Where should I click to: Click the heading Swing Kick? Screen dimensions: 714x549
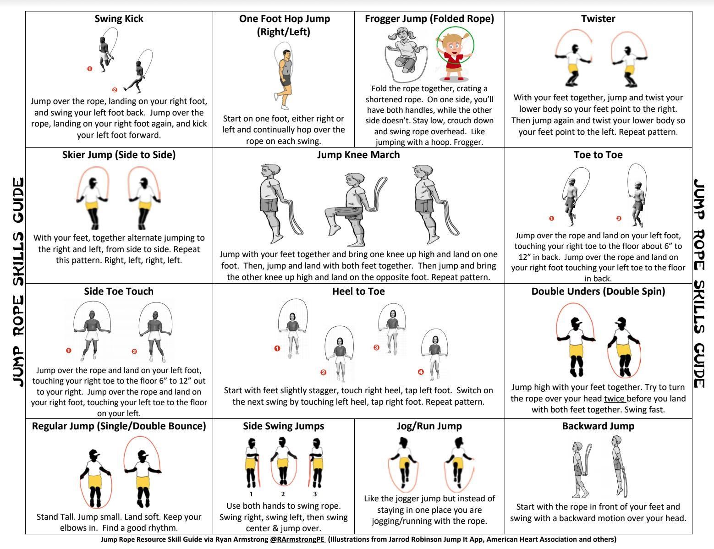(119, 19)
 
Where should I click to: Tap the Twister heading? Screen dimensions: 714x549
(598, 19)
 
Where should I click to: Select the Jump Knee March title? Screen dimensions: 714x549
(358, 155)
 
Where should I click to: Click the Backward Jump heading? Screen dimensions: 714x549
(598, 426)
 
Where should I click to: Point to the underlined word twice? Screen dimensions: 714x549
(614, 399)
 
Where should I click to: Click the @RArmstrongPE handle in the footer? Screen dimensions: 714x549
(297, 539)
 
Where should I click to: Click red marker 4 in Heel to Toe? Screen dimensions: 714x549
(421, 372)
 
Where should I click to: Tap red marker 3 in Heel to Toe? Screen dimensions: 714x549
(377, 347)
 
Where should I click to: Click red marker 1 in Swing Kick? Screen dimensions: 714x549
(90, 69)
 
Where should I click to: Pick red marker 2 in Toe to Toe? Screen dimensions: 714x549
(619, 218)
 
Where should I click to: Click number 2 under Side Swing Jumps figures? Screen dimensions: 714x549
(283, 494)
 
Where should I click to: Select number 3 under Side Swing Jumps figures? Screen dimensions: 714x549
(315, 494)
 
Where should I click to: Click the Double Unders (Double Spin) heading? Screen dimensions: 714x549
(598, 291)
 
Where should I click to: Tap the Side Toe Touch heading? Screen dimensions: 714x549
(119, 291)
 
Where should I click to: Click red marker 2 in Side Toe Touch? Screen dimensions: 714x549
(134, 351)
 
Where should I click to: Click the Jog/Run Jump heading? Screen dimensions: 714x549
(429, 426)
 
